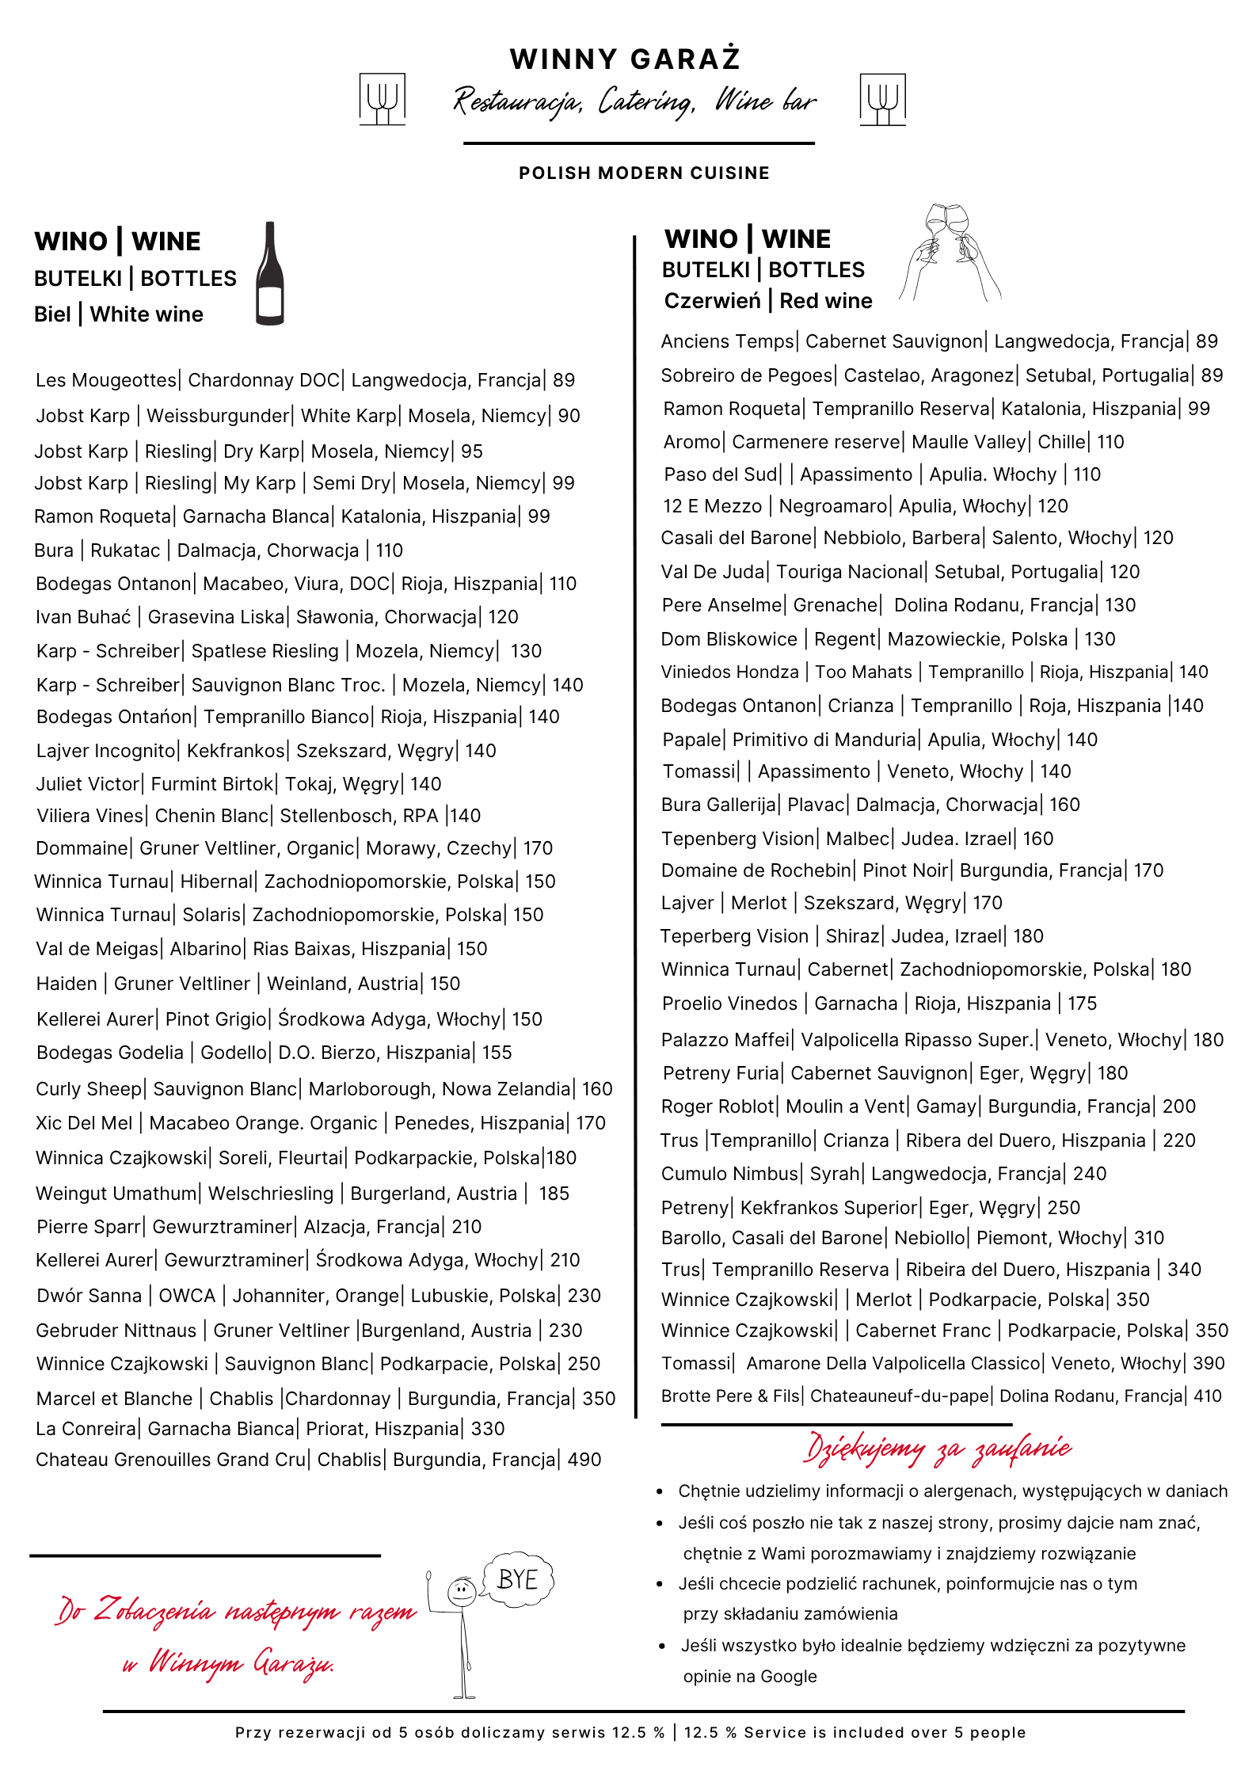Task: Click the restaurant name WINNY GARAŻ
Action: click(625, 59)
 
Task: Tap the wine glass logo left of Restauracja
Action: click(383, 99)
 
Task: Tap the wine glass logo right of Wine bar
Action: click(882, 99)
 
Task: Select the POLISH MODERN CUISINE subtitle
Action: click(644, 173)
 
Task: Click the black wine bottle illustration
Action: click(270, 273)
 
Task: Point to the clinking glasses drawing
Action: click(949, 252)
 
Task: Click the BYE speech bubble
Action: click(517, 1580)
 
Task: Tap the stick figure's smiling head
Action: click(462, 1590)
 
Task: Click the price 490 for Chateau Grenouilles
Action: click(584, 1460)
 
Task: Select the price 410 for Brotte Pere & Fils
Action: click(1208, 1396)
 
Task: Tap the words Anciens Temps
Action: click(727, 341)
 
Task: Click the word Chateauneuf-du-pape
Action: click(900, 1396)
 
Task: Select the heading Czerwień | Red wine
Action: click(768, 301)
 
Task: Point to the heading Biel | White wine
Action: click(119, 314)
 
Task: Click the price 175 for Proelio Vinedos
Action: click(1082, 1003)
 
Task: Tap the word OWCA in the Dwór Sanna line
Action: click(187, 1296)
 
